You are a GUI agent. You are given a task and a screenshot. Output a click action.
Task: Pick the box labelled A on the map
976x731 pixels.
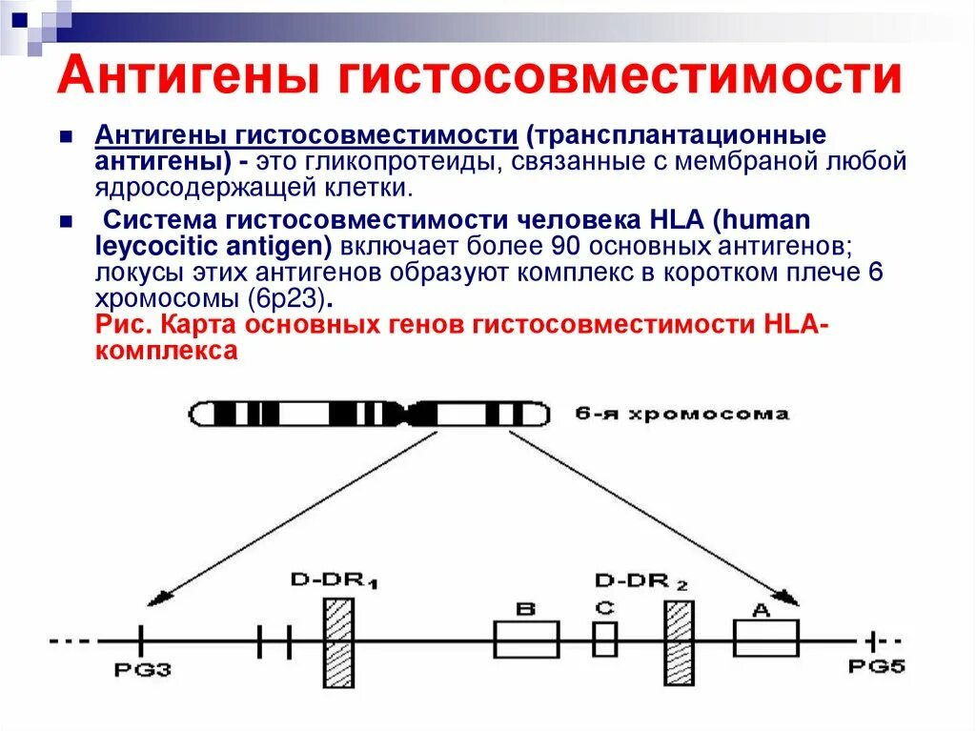(x=765, y=637)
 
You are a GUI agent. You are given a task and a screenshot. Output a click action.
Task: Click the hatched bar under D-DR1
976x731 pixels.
(x=339, y=642)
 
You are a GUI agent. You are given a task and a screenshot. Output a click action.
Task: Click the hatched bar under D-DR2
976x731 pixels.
(x=679, y=642)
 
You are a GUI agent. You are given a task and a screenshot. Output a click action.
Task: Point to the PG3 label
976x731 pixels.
(x=142, y=669)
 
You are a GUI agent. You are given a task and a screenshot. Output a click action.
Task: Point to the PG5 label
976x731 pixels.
(x=876, y=667)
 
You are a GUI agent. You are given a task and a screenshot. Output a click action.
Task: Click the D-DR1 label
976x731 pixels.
(x=334, y=580)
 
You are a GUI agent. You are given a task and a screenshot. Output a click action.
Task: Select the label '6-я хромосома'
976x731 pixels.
(x=681, y=415)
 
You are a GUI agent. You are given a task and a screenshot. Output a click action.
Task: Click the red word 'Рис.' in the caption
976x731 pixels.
(x=125, y=325)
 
